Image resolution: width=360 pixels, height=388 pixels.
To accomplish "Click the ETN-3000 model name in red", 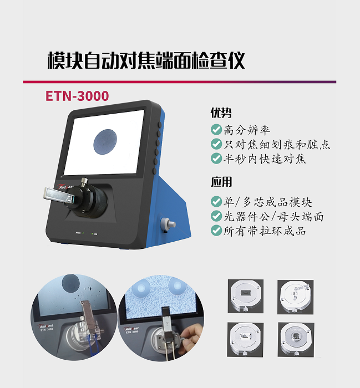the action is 77,96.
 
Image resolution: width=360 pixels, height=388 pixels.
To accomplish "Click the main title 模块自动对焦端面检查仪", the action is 146,60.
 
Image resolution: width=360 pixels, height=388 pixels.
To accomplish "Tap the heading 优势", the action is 221,113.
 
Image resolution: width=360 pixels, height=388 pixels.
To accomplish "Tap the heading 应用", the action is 221,182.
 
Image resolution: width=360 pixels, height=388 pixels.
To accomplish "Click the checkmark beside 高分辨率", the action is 216,130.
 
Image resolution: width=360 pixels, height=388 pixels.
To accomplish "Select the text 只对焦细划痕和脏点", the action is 277,144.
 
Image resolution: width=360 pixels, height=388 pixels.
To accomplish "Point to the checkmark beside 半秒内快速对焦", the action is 216,159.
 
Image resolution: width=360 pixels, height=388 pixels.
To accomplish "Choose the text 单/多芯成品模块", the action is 268,202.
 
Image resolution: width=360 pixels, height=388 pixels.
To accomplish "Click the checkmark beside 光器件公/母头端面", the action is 216,216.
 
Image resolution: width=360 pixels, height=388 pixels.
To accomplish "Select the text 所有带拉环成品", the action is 265,231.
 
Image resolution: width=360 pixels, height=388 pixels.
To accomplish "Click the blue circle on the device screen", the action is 105,142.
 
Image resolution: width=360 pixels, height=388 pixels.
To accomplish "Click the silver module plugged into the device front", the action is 59,194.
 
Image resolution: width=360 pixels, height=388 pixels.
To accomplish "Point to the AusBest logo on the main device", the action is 65,187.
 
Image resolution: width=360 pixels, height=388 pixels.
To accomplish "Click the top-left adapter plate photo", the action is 246,296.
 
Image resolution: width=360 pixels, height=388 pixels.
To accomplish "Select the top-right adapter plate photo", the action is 296,297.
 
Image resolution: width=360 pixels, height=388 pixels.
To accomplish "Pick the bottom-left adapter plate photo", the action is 245,339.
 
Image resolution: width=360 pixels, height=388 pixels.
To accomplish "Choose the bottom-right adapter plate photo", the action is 296,339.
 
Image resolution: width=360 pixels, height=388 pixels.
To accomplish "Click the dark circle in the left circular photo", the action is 70,282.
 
